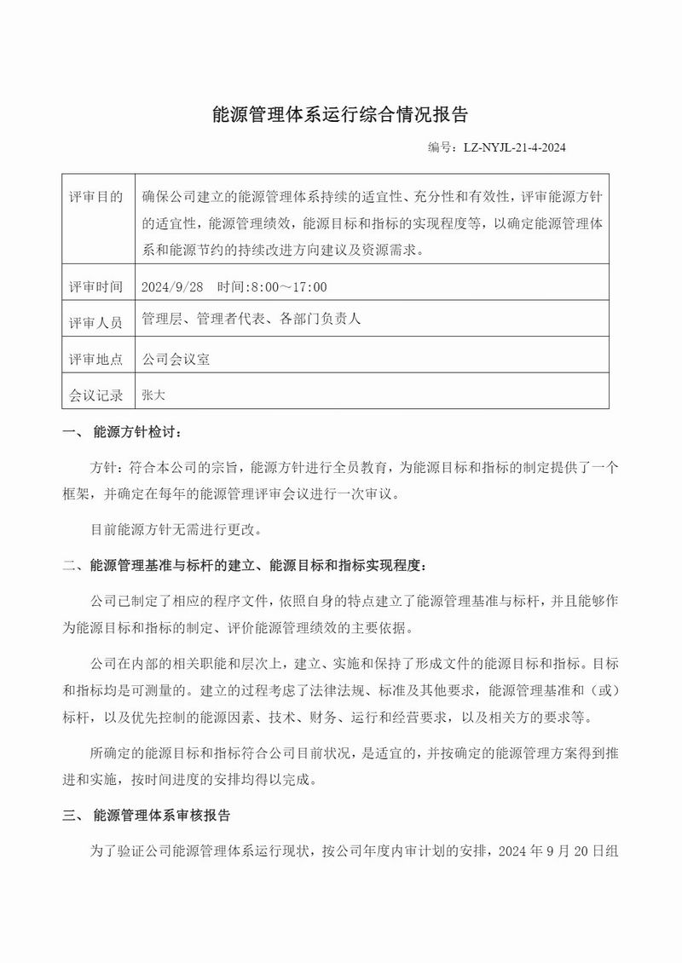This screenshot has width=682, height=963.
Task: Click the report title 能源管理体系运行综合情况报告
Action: click(x=340, y=115)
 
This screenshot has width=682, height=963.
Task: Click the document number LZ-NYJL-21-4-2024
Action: click(x=515, y=147)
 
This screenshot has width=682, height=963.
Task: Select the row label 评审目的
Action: click(x=95, y=198)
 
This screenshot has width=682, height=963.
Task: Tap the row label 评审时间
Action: click(x=95, y=286)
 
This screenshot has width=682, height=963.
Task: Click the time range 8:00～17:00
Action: click(x=286, y=286)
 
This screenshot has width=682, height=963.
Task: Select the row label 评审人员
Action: click(x=95, y=322)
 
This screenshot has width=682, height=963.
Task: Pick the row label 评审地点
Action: click(x=95, y=359)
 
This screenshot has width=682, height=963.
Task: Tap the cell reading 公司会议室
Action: click(x=176, y=359)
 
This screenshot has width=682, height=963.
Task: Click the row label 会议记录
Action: click(x=95, y=395)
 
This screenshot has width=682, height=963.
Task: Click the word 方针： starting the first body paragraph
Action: click(x=107, y=468)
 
